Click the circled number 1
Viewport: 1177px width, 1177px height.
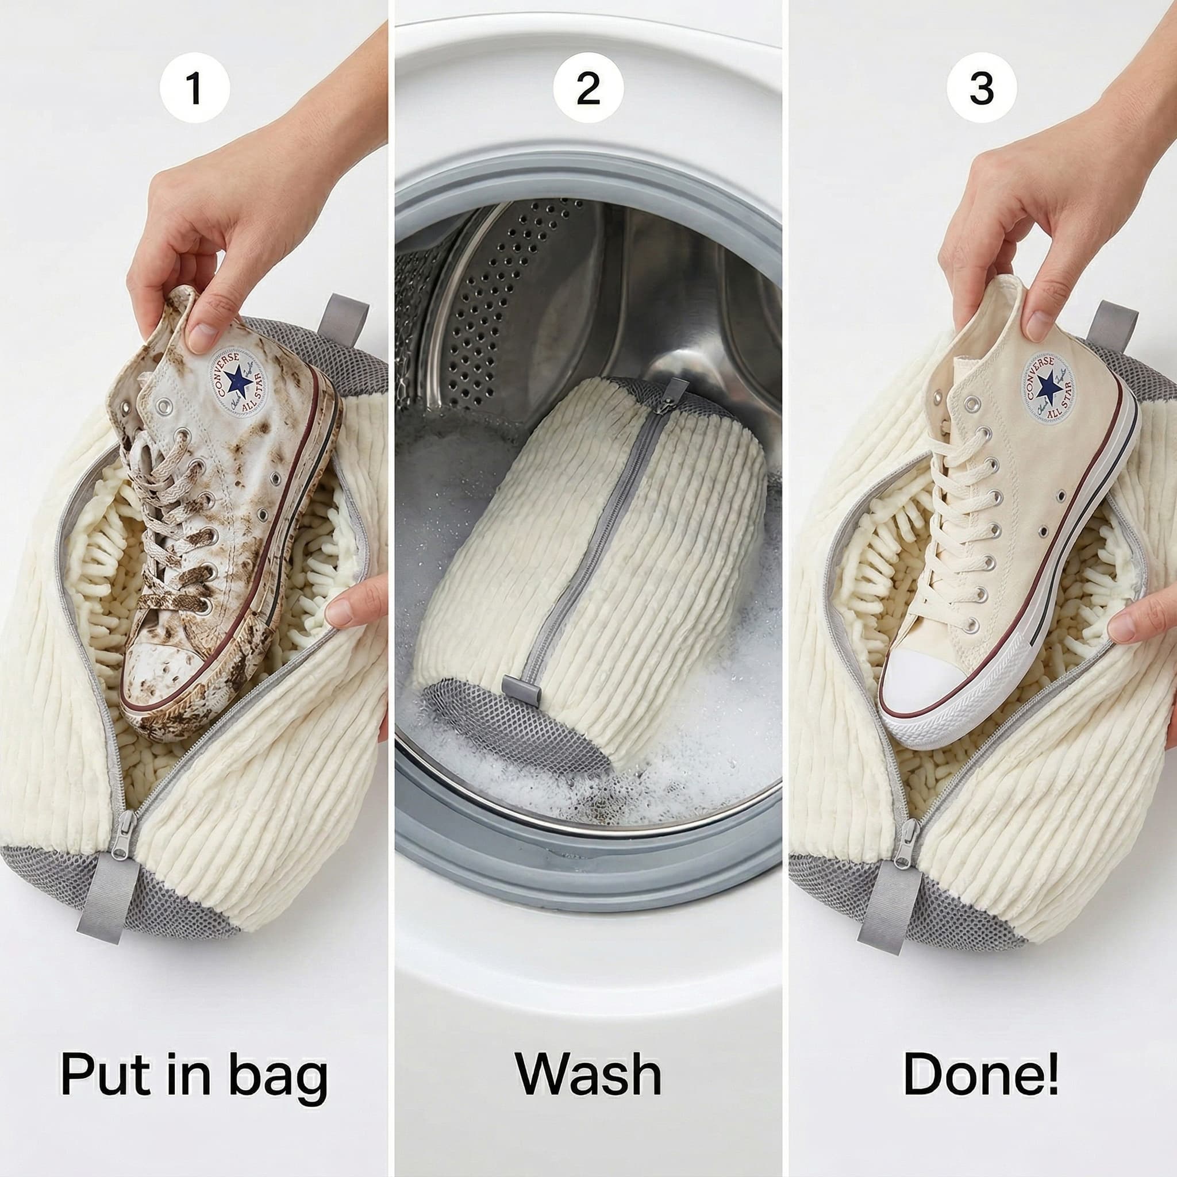point(194,89)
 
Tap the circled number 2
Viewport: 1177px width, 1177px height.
point(588,89)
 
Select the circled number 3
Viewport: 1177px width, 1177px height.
point(981,89)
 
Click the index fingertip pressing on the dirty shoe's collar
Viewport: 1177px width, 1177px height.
point(201,338)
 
